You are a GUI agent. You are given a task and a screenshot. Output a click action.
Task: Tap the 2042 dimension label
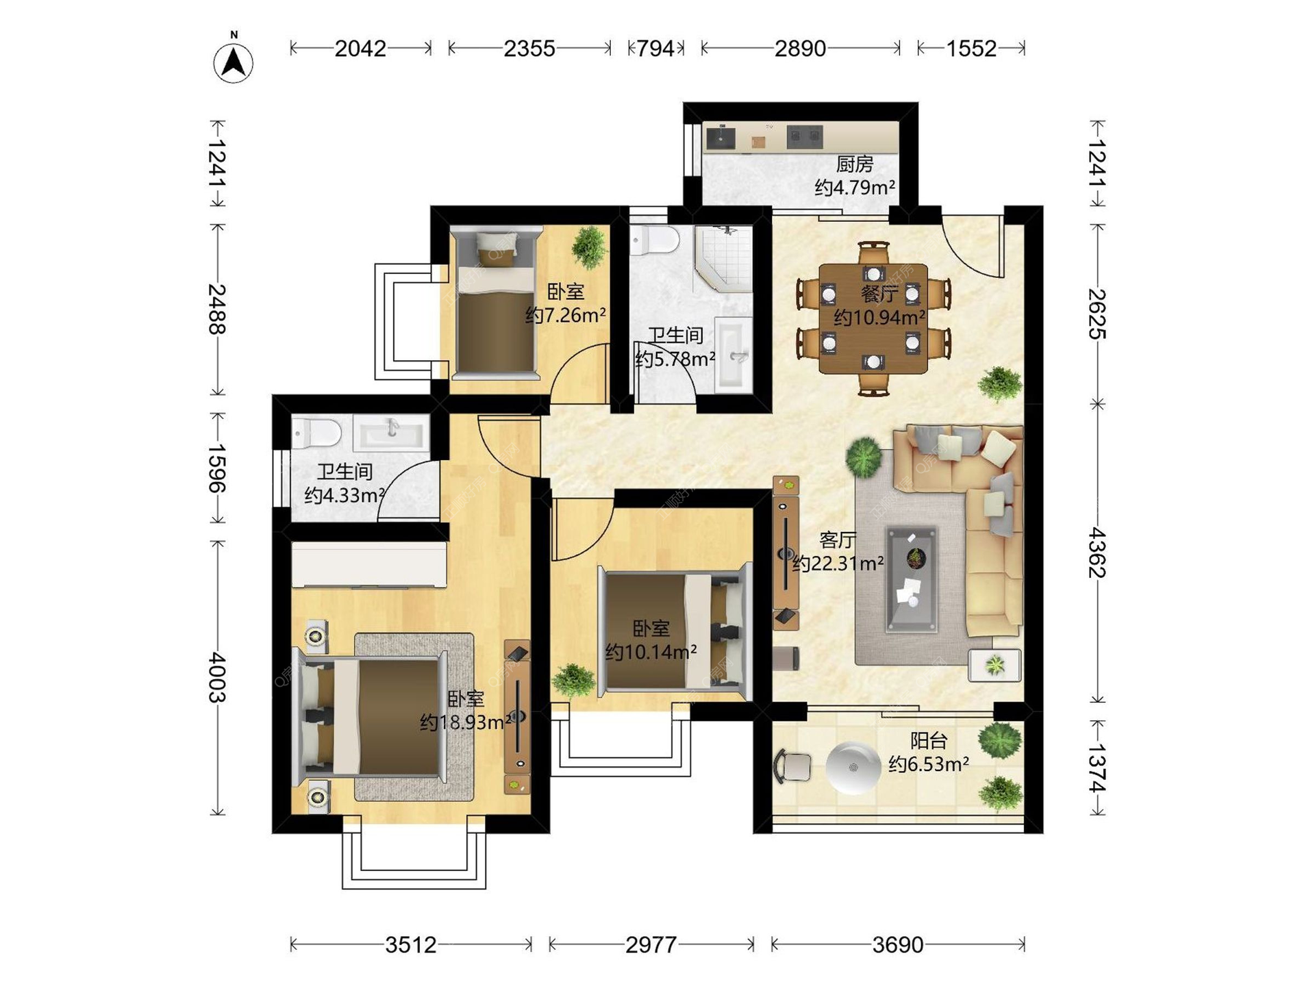coord(360,49)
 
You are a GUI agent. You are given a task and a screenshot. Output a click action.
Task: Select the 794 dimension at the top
coord(655,49)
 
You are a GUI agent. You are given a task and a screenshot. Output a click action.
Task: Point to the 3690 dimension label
coord(898,945)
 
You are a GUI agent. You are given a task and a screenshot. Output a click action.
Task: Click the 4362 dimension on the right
coord(1097,553)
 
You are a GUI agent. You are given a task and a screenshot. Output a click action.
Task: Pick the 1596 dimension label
coord(217,468)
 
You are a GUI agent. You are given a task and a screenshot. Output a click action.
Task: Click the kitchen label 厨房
coord(855,164)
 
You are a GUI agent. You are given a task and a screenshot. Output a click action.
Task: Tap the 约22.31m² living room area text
coord(838,564)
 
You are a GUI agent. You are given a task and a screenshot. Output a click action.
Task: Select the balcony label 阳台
coord(929,740)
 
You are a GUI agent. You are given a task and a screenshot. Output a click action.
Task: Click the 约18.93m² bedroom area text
coord(466,722)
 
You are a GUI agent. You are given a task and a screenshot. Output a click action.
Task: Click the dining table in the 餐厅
coord(873,318)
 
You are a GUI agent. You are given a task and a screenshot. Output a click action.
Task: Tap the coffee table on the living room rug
coord(912,579)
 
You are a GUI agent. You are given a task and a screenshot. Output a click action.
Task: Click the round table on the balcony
coord(853,768)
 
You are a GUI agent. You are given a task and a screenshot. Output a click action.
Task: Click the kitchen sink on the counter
coord(721,137)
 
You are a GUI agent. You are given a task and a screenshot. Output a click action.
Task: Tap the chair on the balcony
coord(792,766)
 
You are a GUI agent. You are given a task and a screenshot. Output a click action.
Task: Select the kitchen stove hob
coord(804,137)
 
